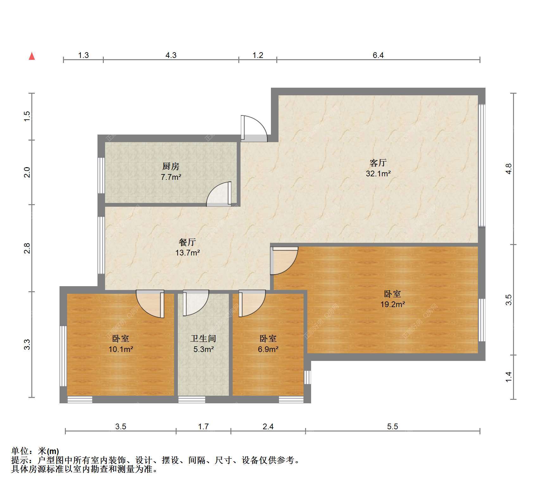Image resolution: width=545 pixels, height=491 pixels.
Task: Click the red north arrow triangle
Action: coord(32,56)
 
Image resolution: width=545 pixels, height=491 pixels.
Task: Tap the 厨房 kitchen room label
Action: coord(171,166)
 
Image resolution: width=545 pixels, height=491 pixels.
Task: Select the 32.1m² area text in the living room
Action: coord(378,173)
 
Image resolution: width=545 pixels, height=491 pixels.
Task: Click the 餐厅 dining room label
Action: coord(187,242)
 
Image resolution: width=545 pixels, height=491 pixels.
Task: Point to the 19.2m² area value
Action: coord(392,304)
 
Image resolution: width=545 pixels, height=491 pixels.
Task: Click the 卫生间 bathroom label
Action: coord(203,338)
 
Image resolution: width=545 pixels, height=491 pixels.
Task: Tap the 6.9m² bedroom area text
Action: coord(268,349)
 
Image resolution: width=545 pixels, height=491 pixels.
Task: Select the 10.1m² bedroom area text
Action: coord(121,349)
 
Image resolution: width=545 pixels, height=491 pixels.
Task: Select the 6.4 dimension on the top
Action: coord(378,55)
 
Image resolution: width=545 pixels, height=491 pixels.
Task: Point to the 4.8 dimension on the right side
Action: coord(508,168)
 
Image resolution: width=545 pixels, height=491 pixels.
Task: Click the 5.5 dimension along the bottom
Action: coord(392,426)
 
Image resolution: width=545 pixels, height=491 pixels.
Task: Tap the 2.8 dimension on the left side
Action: coord(27,248)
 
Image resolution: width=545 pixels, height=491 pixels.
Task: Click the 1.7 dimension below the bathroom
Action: coord(203,426)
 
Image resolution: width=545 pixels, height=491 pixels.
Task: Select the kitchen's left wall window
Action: coord(101,175)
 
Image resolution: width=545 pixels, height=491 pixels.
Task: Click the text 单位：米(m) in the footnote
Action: coord(35,451)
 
